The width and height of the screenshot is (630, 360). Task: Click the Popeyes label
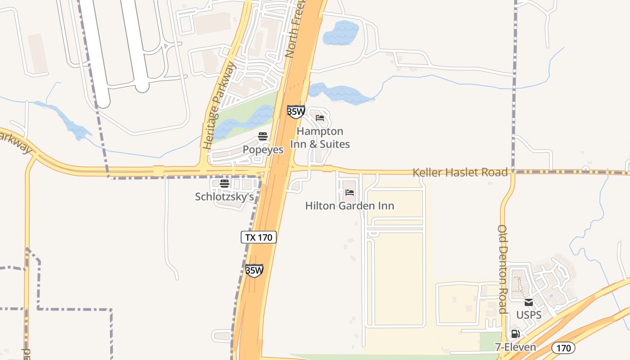(263, 149)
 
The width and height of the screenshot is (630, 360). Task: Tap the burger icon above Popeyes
(263, 136)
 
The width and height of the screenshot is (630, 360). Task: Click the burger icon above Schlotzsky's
(225, 184)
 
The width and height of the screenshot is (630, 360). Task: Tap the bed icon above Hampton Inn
(320, 118)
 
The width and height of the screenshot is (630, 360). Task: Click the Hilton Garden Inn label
(350, 206)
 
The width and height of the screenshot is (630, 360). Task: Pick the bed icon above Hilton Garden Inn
(350, 193)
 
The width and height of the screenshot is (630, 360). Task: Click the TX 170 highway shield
(259, 237)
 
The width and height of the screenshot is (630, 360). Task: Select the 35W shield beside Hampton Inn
(296, 112)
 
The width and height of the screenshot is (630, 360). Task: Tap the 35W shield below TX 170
(254, 270)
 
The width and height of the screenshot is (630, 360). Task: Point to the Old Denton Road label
(503, 269)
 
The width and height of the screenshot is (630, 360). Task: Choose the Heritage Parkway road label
(220, 107)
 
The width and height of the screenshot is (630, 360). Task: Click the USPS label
(529, 315)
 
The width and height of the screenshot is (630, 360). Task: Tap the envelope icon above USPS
(529, 302)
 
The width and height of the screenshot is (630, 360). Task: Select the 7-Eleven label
(516, 347)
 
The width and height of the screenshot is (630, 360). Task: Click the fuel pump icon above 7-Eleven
(516, 334)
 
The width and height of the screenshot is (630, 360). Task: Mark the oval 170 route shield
(563, 348)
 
